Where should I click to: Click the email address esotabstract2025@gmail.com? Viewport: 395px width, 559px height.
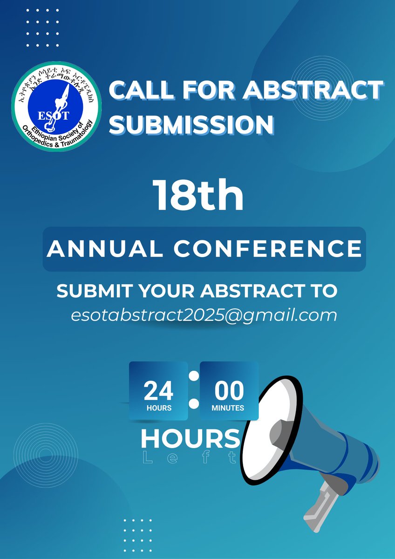(204, 315)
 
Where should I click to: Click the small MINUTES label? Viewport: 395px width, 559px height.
(228, 408)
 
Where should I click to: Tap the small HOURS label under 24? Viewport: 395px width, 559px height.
(159, 408)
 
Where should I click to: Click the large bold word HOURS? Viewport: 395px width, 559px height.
(190, 439)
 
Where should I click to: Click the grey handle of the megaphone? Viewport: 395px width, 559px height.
(321, 503)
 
